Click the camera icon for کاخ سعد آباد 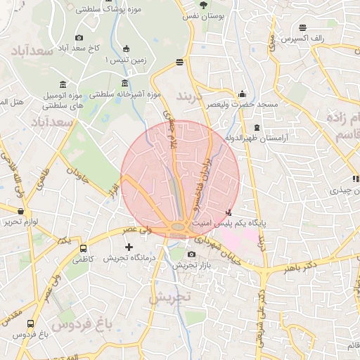pos(79,37)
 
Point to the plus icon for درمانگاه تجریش pos(128,247)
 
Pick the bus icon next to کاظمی pos(84,248)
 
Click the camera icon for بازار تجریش pos(192,254)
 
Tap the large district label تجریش pos(169,297)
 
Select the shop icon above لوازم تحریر pos(20,210)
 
